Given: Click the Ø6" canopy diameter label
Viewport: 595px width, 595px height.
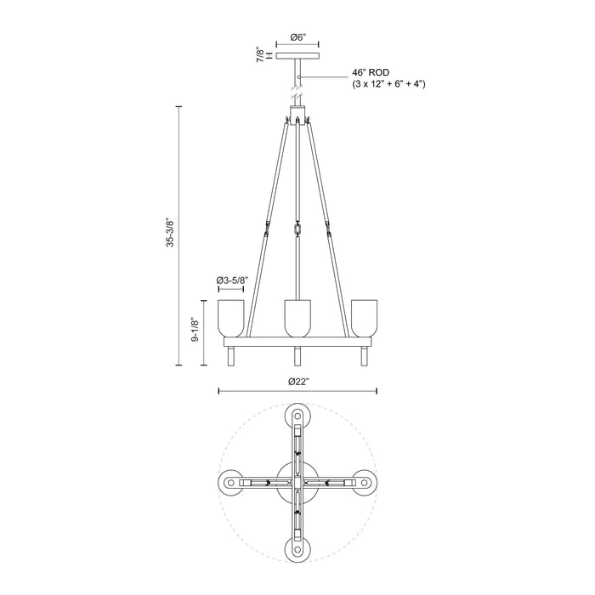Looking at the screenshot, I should click(x=297, y=37).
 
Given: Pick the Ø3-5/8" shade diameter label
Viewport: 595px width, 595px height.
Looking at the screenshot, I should click(x=232, y=280).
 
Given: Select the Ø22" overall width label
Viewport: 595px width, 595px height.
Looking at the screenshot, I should click(x=297, y=381).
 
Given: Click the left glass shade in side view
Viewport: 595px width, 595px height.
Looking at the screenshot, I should click(x=232, y=316).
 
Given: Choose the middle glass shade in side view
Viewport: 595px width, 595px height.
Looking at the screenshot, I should click(x=297, y=316).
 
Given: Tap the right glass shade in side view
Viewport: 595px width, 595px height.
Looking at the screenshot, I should click(x=364, y=316).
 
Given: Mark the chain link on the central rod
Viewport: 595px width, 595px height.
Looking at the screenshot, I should click(x=297, y=230).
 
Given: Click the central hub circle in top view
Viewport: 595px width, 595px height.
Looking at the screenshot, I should click(x=297, y=482).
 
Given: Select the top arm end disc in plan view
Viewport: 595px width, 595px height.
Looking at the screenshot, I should click(x=297, y=416).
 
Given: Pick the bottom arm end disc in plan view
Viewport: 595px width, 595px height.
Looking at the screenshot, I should click(x=297, y=547).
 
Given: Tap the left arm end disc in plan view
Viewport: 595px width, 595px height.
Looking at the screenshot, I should click(x=232, y=482).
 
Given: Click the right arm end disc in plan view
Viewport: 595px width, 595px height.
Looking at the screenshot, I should click(x=364, y=482).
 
